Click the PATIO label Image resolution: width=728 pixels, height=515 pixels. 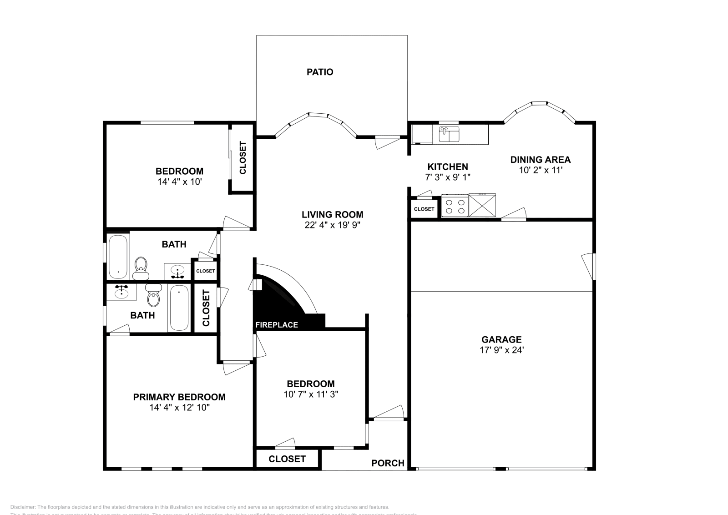[319, 72]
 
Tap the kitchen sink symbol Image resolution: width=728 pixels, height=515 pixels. [449, 135]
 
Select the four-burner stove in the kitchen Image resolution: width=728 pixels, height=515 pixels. [455, 206]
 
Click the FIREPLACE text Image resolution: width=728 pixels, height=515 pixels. [277, 325]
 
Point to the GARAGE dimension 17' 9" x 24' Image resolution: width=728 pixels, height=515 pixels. [501, 350]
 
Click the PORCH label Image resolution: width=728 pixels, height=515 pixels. [388, 463]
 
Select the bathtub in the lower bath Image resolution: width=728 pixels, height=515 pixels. [178, 308]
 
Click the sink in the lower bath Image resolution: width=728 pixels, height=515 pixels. [121, 291]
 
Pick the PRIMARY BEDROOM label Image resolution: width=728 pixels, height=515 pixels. [179, 397]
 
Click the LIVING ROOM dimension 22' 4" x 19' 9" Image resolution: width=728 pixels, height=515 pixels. [332, 225]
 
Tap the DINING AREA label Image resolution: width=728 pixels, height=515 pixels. [540, 160]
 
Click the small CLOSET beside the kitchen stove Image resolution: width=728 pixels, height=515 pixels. [424, 209]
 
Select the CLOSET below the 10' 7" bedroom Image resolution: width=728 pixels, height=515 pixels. [287, 459]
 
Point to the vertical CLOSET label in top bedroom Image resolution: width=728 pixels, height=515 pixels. [243, 158]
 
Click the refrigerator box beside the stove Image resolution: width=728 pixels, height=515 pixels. [482, 205]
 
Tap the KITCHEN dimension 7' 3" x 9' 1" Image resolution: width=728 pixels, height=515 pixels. [448, 177]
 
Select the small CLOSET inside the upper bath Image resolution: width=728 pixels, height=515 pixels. [205, 271]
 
